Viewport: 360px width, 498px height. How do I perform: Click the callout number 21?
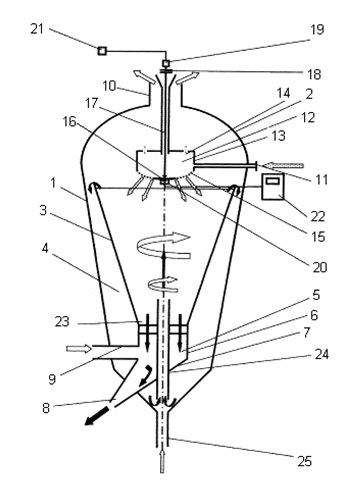(x=37, y=29)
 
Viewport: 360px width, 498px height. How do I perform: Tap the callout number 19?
(x=317, y=29)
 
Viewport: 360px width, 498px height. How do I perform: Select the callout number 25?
(x=304, y=461)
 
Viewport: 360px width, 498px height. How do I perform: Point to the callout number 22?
(x=317, y=217)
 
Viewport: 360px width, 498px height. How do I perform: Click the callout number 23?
(x=62, y=322)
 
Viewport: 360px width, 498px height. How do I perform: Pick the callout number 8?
(x=46, y=408)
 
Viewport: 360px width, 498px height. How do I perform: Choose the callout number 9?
(x=52, y=379)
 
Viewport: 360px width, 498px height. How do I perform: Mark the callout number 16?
(x=70, y=122)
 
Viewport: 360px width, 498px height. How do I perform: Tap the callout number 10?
(x=109, y=86)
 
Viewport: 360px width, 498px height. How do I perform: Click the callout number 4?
(x=45, y=249)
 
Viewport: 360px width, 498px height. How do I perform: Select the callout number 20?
(x=320, y=267)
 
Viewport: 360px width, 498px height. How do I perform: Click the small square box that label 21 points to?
(x=102, y=51)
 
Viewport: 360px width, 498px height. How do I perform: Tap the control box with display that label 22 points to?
(x=273, y=186)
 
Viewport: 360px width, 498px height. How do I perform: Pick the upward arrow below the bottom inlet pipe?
(x=162, y=461)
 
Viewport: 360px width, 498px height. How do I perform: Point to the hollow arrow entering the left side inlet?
(x=79, y=349)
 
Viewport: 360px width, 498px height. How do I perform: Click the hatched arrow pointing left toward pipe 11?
(x=283, y=165)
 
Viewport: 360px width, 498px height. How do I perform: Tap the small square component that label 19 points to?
(x=166, y=63)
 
